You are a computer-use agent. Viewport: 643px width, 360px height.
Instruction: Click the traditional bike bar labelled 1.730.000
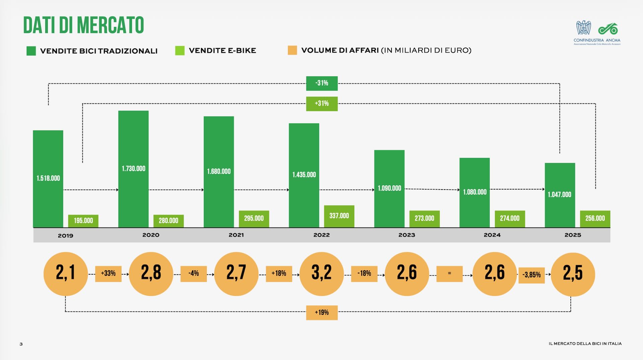133,169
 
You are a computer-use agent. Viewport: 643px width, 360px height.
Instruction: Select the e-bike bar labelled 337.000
339,216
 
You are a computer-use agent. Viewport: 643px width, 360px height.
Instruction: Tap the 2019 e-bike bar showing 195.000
83,221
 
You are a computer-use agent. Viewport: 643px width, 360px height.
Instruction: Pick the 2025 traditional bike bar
560,195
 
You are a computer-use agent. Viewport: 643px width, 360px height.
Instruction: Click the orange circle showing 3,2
321,274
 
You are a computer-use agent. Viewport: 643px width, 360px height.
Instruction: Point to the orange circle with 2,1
66,274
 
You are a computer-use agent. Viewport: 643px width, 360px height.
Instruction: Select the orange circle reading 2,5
573,274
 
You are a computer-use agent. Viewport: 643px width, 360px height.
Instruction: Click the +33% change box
108,274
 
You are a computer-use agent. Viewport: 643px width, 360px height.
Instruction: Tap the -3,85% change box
531,275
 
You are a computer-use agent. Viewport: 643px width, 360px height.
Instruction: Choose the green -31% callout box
321,83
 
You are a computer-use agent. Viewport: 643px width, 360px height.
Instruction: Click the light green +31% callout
321,103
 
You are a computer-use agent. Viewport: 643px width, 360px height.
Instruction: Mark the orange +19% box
321,312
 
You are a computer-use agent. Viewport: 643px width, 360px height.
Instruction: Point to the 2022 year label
321,235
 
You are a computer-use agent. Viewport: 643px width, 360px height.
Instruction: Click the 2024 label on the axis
492,235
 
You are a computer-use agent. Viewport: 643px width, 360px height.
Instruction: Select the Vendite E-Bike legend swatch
180,51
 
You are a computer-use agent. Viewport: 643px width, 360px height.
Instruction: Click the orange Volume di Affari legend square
292,50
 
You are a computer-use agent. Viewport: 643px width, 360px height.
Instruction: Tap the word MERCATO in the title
111,25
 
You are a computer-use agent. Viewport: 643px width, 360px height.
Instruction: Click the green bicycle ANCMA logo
608,29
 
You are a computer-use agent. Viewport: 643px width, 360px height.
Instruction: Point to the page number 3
21,344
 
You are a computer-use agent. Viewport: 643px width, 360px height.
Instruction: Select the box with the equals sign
449,274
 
